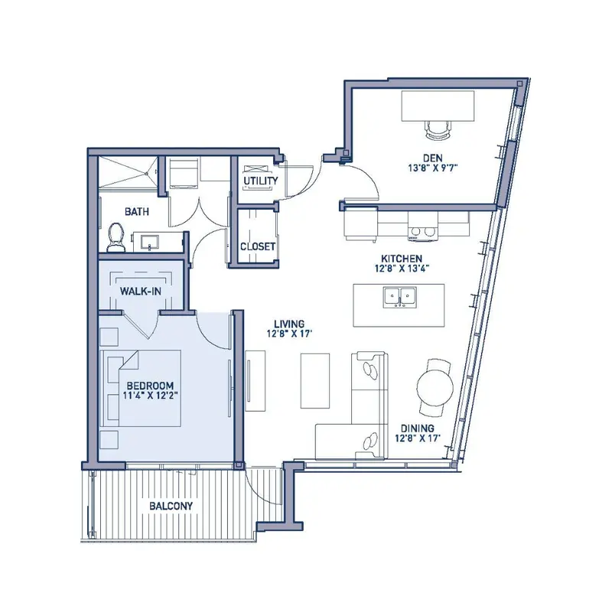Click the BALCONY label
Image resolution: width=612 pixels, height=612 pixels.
click(x=171, y=506)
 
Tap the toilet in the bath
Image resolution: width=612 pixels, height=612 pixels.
click(x=116, y=237)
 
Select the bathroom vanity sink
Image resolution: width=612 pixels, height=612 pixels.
click(x=150, y=242)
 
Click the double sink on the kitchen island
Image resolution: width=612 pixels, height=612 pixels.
click(x=399, y=298)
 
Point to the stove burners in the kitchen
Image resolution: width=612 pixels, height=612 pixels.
click(x=423, y=232)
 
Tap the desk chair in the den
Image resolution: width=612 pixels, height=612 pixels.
click(x=438, y=129)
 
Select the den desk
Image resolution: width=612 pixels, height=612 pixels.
click(x=438, y=106)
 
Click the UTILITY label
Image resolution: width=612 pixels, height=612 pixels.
click(x=261, y=181)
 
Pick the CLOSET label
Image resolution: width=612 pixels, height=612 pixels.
click(x=258, y=246)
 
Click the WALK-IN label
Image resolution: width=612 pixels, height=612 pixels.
click(x=141, y=291)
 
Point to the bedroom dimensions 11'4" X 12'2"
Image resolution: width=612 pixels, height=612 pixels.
click(x=151, y=396)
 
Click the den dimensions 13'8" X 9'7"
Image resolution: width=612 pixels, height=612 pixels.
click(x=433, y=168)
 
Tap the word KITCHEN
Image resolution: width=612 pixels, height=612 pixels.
click(x=402, y=259)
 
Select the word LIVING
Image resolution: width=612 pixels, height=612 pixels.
click(x=289, y=324)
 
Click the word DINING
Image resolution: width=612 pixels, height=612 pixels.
click(x=417, y=428)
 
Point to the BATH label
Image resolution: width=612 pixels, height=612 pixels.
click(x=137, y=212)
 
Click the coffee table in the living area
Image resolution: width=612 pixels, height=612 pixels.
click(x=315, y=381)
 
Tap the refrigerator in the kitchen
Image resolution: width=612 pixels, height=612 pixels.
click(x=360, y=224)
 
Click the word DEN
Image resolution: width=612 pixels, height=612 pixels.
click(x=433, y=158)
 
